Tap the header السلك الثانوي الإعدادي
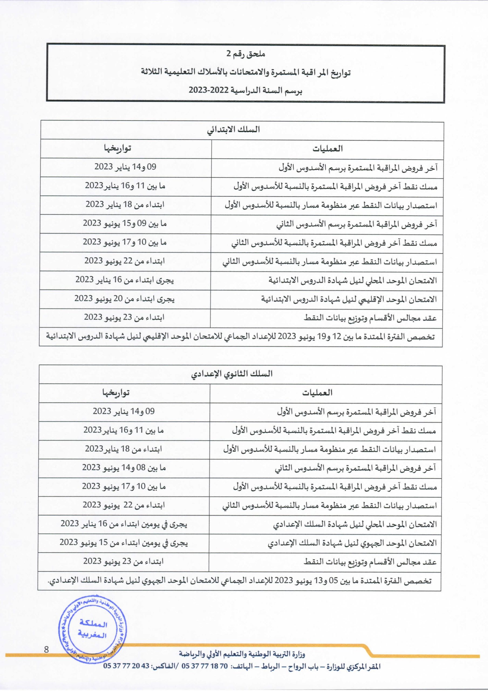pyautogui.click(x=232, y=374)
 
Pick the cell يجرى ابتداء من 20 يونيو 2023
pyautogui.click(x=125, y=299)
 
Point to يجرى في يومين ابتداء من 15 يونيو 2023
pyautogui.click(x=124, y=543)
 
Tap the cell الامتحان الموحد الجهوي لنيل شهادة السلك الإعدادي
pyautogui.click(x=352, y=543)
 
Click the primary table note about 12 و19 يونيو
pyautogui.click(x=240, y=337)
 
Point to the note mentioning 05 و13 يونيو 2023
pyautogui.click(x=239, y=581)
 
